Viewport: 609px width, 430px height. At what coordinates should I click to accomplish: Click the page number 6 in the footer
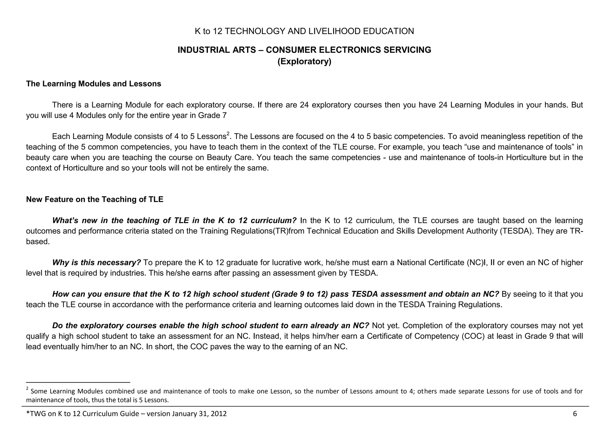575,414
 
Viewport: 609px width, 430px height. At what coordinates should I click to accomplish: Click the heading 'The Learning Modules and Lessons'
93,84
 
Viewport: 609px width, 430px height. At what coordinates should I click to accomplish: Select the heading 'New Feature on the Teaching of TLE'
95,199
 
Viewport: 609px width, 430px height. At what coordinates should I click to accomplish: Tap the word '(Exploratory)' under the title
304,61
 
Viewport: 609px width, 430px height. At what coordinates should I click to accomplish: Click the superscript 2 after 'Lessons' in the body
228,134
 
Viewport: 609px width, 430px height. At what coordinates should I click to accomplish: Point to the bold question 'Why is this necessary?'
96,263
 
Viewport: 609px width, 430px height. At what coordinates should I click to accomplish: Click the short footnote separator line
78,382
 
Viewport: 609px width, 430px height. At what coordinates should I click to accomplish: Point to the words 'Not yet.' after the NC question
385,325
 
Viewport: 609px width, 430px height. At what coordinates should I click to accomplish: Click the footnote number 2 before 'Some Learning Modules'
27,389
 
